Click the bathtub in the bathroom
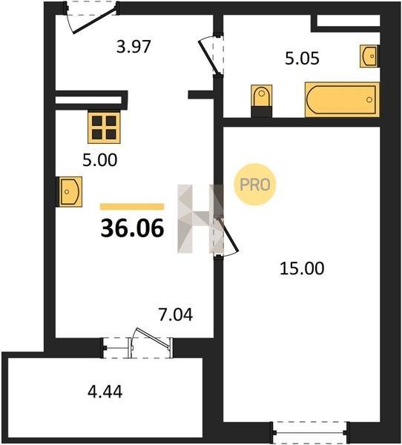tap(342, 99)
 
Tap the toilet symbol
tap(262, 96)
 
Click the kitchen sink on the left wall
tap(70, 191)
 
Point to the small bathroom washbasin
tap(369, 56)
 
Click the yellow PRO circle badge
tap(254, 185)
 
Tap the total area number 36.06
tap(132, 228)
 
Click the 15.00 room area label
tap(302, 268)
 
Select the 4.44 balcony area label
tap(105, 392)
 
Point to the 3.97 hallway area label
tap(134, 47)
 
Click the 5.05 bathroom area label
tap(302, 58)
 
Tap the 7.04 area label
tap(176, 314)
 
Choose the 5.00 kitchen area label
tap(100, 160)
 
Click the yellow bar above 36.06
tap(132, 207)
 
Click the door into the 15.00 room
tap(227, 236)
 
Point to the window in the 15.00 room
tap(310, 432)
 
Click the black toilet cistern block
tap(262, 112)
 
